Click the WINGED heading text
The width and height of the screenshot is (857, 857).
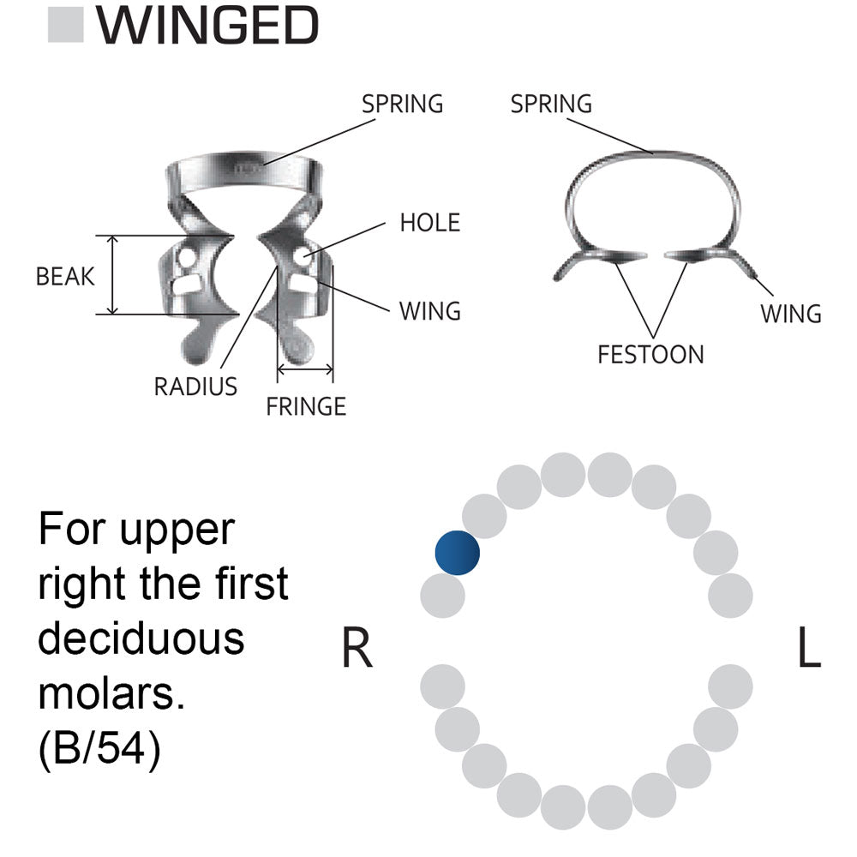coord(207,26)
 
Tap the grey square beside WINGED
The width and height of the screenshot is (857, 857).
coord(65,26)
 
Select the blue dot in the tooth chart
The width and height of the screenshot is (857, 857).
coord(457,553)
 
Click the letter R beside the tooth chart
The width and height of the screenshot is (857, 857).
coord(357,649)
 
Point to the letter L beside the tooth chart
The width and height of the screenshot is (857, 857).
coord(808,649)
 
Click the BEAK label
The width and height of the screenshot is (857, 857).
coord(65,277)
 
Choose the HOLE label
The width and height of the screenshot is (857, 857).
coord(429,223)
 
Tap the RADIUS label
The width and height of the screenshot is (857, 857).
coord(195,387)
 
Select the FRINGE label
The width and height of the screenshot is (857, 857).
coord(306,406)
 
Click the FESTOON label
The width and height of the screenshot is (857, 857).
coord(650,354)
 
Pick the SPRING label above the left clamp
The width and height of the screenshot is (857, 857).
coord(402,104)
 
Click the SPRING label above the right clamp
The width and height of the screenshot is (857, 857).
coord(551,104)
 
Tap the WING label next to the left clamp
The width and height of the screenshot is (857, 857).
coord(429,310)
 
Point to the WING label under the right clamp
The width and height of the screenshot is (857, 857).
coord(790,314)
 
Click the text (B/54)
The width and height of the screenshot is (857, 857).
coord(99,748)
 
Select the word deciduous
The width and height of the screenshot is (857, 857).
coord(141,639)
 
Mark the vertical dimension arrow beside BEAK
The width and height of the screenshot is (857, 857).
coord(112,275)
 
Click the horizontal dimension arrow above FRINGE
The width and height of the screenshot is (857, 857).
coord(305,371)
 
